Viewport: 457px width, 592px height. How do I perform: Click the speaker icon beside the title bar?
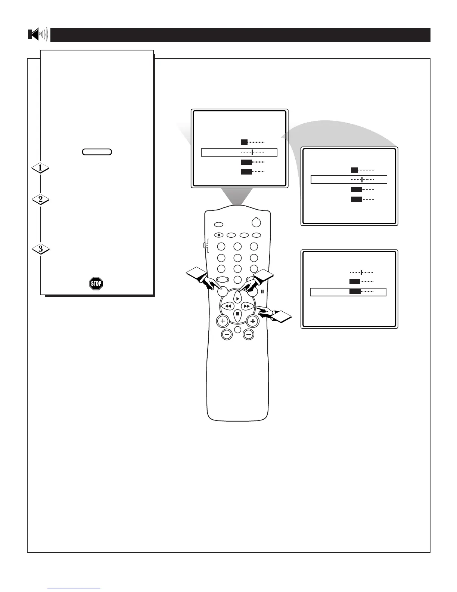(38, 35)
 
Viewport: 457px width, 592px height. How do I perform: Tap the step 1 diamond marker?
(40, 168)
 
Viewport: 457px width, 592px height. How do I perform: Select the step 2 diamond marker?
(40, 200)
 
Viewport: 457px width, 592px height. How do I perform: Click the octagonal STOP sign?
(96, 283)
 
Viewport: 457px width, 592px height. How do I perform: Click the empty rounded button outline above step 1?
(97, 152)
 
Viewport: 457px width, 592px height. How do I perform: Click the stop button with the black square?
(237, 314)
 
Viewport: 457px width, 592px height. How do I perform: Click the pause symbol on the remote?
(262, 292)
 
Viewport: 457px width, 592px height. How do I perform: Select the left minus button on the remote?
(227, 334)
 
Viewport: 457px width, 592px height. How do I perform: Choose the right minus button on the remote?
(248, 334)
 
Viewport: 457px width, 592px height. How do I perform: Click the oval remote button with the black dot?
(219, 235)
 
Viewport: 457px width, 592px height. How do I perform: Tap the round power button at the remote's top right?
(256, 222)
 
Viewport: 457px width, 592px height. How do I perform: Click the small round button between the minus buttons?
(237, 329)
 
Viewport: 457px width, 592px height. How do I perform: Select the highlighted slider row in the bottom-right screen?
(348, 292)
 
